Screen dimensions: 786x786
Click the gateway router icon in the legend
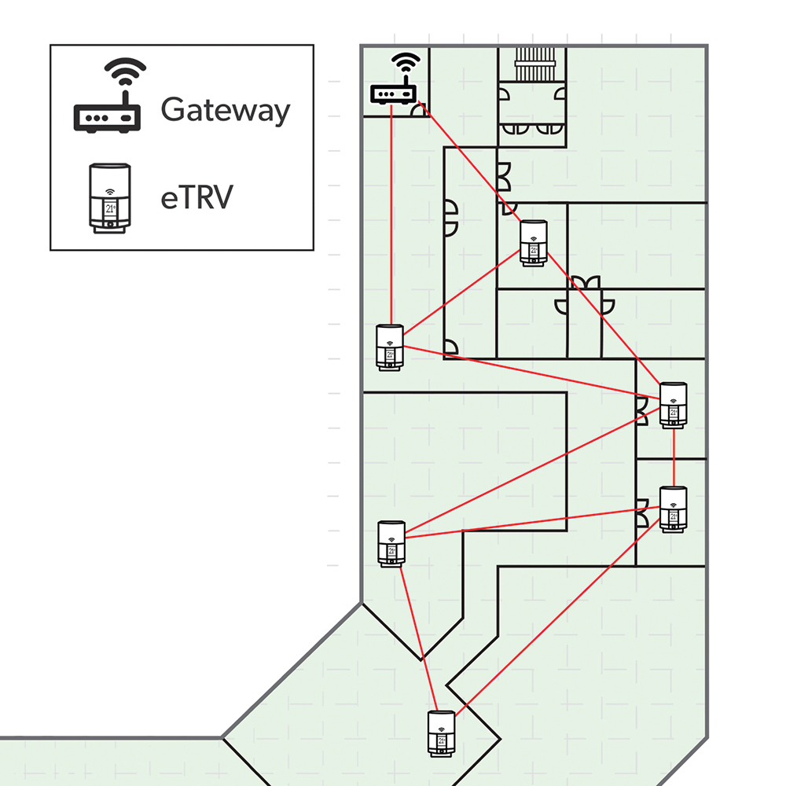pos(108,95)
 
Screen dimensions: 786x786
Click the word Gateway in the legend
pos(225,110)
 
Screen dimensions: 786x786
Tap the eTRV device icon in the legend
pos(110,199)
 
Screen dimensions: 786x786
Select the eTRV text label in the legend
pos(196,197)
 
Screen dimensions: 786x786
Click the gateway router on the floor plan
pos(394,79)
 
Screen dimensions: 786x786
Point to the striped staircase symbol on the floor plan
pos(534,64)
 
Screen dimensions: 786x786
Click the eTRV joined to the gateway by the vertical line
pos(390,347)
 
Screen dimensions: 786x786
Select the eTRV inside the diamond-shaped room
pos(441,733)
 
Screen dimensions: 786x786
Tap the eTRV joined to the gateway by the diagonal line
pos(534,243)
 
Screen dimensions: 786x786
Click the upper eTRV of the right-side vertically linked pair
pos(674,405)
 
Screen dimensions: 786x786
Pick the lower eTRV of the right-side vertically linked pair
pos(674,509)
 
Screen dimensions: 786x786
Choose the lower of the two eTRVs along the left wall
pos(391,544)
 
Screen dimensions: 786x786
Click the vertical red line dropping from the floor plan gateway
pos(391,215)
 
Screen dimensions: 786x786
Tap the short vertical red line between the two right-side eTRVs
pos(674,457)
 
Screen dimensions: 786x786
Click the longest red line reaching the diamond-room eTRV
pos(557,613)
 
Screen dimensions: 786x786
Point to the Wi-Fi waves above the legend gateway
pos(125,70)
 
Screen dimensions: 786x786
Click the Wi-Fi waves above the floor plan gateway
pos(406,62)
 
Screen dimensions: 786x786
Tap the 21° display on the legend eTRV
pos(110,208)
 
